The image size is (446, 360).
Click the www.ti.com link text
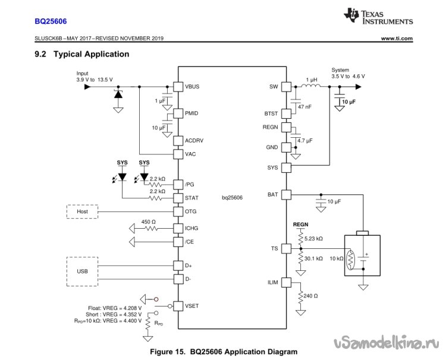pos(397,39)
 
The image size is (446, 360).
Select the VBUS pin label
pos(192,86)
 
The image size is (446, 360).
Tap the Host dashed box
pos(82,211)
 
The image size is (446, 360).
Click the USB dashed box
pos(83,271)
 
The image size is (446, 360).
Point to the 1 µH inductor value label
pos(311,79)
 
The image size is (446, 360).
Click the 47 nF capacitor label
pos(305,106)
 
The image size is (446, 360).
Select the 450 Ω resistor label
pos(148,222)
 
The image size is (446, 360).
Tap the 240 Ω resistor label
pos(310,296)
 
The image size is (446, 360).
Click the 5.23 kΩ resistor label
pos(313,238)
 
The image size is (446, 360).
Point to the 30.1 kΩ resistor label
pos(313,258)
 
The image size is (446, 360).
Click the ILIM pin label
pos(272,283)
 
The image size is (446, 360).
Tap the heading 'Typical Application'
pos(91,54)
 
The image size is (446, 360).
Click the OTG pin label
pos(191,211)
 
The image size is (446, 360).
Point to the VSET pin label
pos(192,306)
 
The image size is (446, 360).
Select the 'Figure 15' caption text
pos(223,352)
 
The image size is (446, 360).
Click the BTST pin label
pos(271,113)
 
